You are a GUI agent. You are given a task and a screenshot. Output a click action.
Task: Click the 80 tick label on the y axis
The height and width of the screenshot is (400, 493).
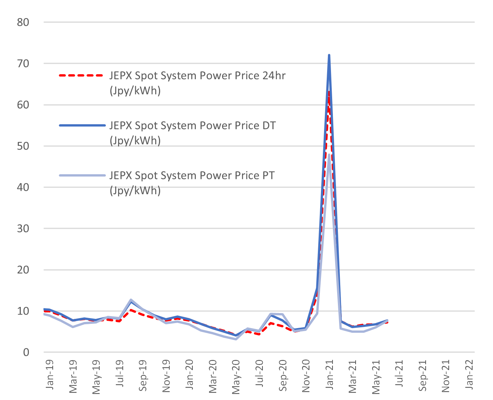tap(23, 22)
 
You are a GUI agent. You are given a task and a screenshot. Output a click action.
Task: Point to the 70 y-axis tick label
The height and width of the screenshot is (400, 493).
tap(23, 63)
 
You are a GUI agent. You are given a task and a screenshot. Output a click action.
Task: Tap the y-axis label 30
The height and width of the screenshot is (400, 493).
tap(23, 228)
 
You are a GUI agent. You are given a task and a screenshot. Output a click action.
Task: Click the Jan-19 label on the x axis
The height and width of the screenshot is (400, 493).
tap(50, 375)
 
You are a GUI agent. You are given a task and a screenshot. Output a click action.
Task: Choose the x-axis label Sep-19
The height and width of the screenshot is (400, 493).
tap(143, 375)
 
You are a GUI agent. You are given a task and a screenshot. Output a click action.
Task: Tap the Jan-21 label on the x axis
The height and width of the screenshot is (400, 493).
tap(329, 375)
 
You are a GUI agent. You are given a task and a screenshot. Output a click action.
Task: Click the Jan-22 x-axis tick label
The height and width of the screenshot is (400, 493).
tap(469, 375)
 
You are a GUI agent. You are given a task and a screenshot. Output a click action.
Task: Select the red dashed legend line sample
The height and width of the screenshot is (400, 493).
tap(82, 76)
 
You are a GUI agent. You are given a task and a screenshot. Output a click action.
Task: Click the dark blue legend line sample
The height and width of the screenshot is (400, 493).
tap(82, 125)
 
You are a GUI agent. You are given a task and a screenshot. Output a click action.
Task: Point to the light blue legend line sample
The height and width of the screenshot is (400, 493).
tap(82, 175)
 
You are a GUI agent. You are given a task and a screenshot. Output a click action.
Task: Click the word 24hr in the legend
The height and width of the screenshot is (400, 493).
tap(274, 75)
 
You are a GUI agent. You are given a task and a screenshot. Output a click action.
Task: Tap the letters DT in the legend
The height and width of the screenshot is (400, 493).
tap(269, 125)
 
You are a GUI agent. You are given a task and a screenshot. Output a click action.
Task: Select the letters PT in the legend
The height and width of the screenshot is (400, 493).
tap(268, 175)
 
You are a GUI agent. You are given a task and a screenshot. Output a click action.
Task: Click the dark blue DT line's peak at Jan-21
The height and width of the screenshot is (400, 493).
tap(329, 56)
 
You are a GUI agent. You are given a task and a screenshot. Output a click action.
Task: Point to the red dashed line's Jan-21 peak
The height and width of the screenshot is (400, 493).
tap(329, 92)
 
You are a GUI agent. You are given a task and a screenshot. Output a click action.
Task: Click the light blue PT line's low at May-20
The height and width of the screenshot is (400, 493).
tap(236, 339)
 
